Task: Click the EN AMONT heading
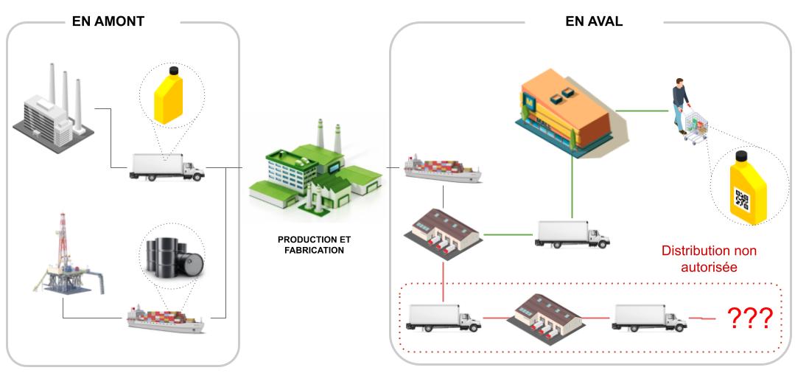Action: tap(108, 21)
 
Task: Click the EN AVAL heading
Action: tap(594, 21)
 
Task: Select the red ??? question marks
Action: tap(750, 318)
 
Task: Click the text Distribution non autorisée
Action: tap(709, 258)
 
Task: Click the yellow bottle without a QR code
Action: tap(172, 97)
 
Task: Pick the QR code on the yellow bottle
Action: tap(742, 199)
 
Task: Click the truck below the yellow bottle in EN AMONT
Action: tap(167, 167)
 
